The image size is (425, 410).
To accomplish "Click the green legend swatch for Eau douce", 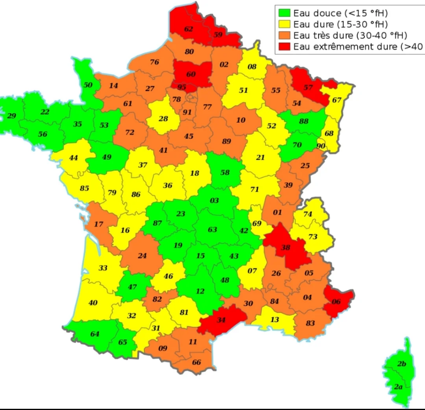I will [x=285, y=12].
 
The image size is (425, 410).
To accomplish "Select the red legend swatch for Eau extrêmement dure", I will [x=285, y=46].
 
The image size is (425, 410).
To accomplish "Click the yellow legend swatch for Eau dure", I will [x=285, y=24].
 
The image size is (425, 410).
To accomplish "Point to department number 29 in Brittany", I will [x=12, y=116].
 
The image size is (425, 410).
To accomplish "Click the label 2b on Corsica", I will [x=401, y=364].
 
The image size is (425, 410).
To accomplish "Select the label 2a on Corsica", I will [x=398, y=387].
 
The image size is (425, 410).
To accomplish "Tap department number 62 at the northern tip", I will [x=189, y=29].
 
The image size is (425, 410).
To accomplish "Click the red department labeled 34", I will [x=221, y=320].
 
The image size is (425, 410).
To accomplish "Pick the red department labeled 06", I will [x=337, y=301].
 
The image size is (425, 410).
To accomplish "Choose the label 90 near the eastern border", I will [x=321, y=146].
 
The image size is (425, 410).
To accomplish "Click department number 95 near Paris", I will [x=182, y=87].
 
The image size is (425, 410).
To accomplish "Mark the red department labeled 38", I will [x=286, y=247].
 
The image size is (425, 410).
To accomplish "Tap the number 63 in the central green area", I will [x=212, y=230].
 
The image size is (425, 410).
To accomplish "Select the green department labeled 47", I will [x=133, y=287].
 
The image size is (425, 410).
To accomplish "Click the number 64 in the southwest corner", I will [x=95, y=334].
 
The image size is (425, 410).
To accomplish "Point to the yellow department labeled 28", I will [x=164, y=119].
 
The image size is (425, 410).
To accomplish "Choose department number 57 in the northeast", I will [x=308, y=87].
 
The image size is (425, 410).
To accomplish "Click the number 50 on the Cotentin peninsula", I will [x=88, y=85].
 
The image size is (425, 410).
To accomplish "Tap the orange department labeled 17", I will [x=98, y=224].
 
